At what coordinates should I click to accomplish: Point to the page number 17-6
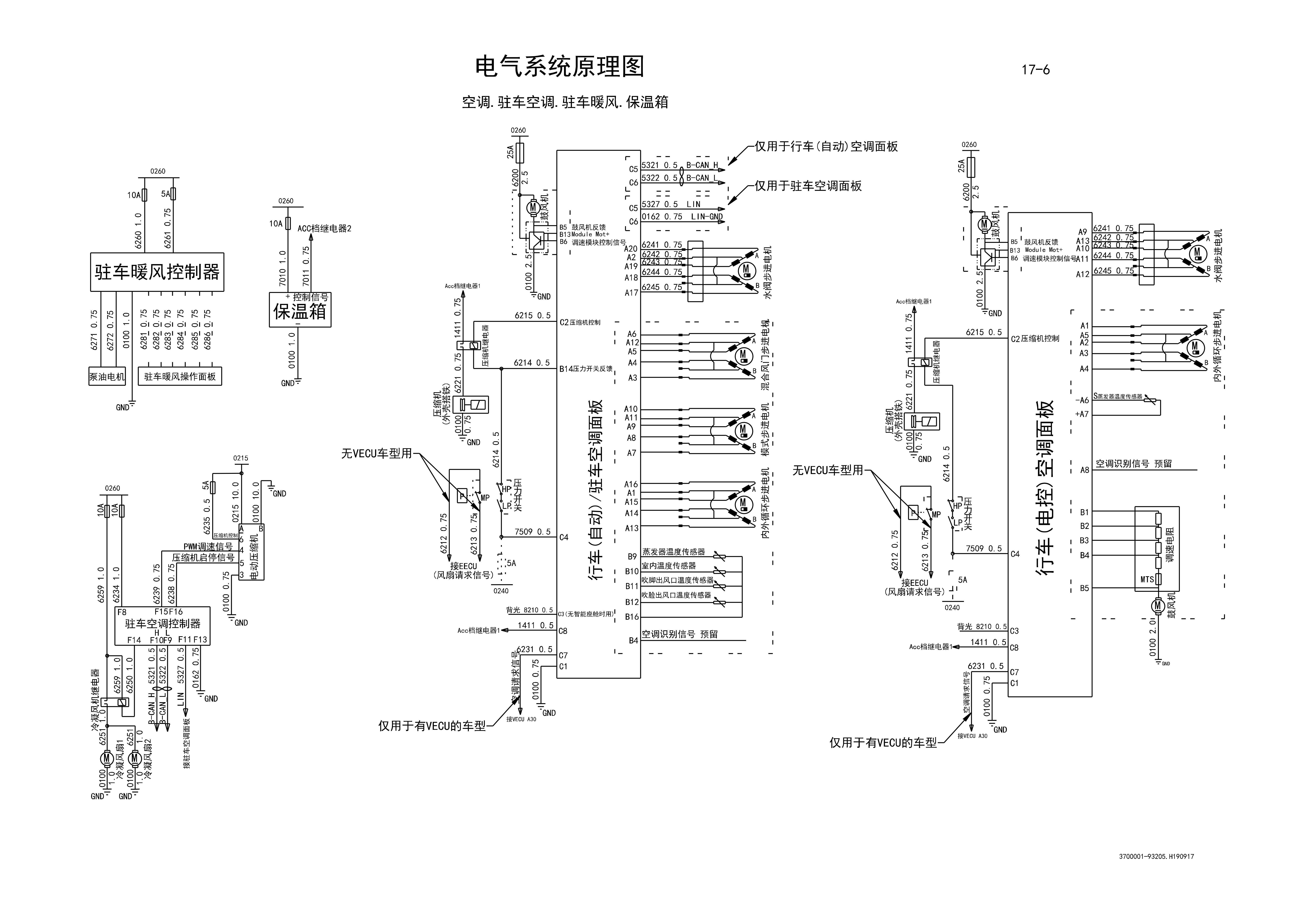point(1035,70)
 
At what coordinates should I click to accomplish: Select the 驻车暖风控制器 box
point(157,272)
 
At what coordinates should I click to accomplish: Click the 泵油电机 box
point(107,377)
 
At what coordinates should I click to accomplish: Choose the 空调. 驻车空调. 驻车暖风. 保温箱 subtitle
point(565,102)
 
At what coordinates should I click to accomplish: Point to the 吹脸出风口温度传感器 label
point(676,595)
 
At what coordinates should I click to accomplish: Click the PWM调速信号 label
point(208,547)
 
